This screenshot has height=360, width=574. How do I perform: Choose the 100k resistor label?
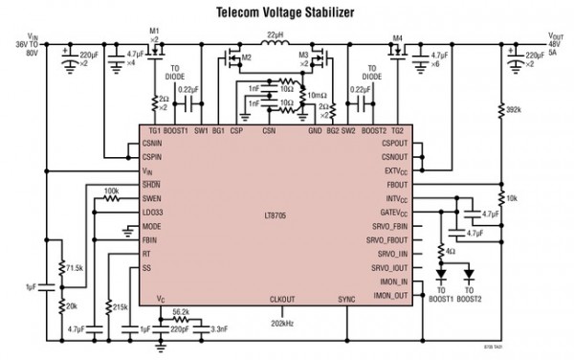110,190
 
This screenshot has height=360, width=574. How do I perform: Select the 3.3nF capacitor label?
219,328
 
